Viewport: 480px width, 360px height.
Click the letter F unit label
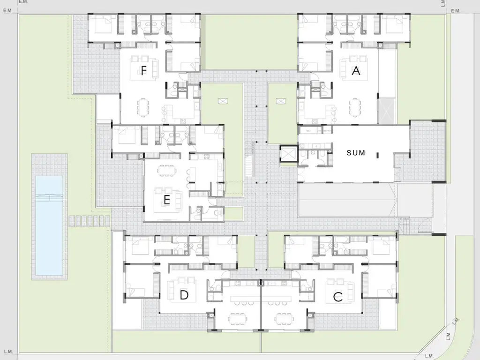coord(143,71)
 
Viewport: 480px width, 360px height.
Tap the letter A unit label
coord(356,71)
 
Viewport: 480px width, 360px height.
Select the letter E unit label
coord(167,200)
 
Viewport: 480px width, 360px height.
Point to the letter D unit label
coord(184,295)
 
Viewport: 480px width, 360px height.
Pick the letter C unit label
coord(337,297)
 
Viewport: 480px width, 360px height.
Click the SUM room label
coord(356,152)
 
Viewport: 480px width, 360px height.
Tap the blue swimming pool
coord(49,225)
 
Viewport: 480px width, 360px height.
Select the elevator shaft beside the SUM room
coord(289,154)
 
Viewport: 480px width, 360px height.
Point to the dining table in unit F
coord(143,107)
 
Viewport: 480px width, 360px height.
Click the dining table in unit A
coord(355,107)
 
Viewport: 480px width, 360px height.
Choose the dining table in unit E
coord(167,171)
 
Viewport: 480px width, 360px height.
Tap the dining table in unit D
coord(238,318)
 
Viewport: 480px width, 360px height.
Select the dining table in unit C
coord(284,318)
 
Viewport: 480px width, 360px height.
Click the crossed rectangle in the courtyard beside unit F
coord(224,101)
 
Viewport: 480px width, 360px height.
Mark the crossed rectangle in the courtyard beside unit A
coord(281,101)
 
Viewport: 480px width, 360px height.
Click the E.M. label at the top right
coord(456,11)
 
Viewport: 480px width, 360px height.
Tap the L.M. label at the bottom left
coord(8,352)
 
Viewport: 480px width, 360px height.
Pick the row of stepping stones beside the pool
coord(90,221)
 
